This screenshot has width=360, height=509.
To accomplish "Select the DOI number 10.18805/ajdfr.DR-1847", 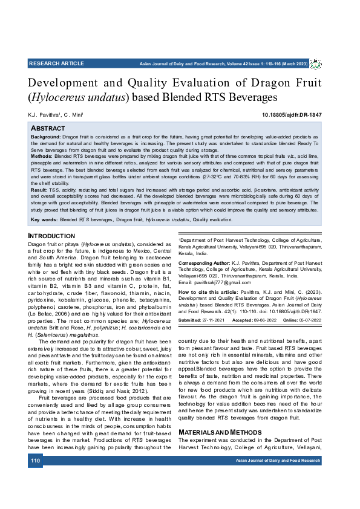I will click(291, 115).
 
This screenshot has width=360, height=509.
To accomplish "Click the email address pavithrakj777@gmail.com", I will click(224, 282).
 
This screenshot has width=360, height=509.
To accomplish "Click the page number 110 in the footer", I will click(36, 461).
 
